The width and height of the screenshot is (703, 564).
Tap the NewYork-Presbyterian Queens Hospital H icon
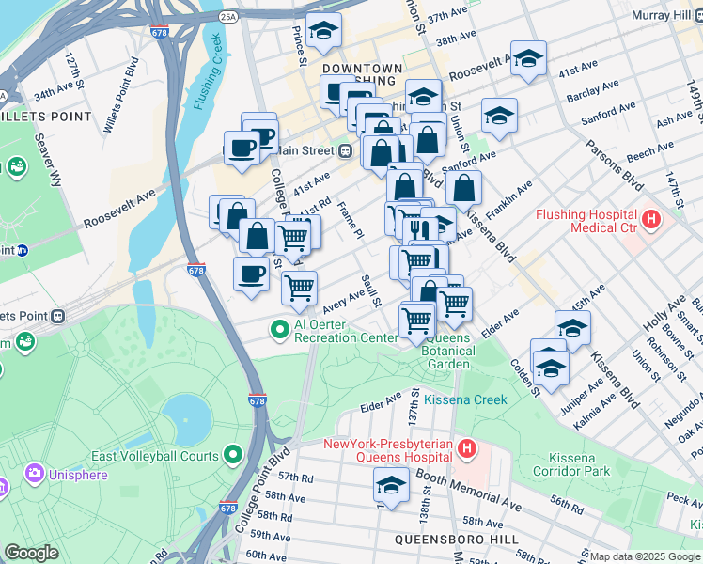coord(466,449)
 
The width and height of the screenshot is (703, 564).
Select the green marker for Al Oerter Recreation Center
coord(279,330)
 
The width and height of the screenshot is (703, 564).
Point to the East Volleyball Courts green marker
coord(232,456)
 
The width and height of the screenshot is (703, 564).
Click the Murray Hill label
coord(663,16)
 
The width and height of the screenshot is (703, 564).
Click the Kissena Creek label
coord(465,399)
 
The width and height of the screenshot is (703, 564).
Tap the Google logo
coord(31,553)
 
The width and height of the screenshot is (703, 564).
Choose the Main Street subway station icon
coord(346,150)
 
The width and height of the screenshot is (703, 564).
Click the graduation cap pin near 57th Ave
coord(391,486)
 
